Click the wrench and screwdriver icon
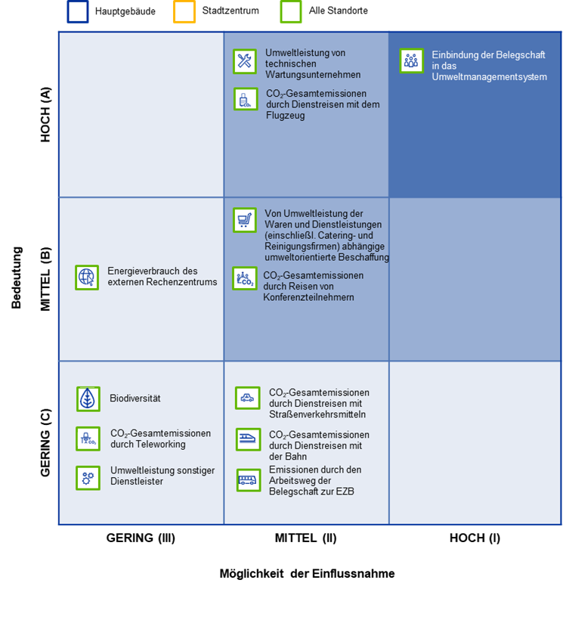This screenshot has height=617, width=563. [245, 62]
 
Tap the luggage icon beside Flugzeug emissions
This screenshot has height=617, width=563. [245, 99]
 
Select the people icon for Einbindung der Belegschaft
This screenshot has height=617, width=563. [411, 61]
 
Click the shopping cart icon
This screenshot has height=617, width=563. [244, 220]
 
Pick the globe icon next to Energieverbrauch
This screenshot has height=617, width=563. [87, 277]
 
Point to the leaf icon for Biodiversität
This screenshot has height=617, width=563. [88, 398]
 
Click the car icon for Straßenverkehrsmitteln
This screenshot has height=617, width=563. [248, 398]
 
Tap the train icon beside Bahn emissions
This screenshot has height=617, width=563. [248, 439]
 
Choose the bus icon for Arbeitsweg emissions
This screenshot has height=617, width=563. [248, 480]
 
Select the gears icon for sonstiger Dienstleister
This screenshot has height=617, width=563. [88, 478]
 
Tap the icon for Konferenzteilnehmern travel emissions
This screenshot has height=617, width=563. [244, 278]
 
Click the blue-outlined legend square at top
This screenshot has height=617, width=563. [78, 11]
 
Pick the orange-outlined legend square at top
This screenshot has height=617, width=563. [184, 11]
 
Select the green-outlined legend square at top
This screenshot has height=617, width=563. [291, 11]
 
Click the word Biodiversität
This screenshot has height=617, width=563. [135, 398]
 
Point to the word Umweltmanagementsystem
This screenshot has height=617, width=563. [490, 77]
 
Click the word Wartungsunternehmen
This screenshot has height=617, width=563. [313, 75]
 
